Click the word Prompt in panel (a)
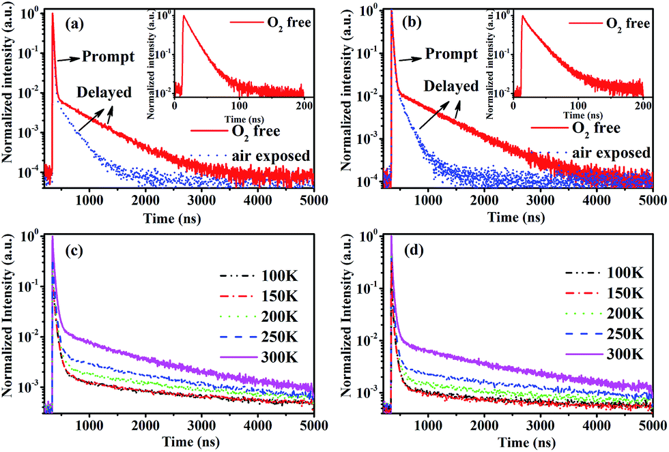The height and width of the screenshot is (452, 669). pyautogui.click(x=106, y=55)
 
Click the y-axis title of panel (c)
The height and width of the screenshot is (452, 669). pyautogui.click(x=9, y=321)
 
